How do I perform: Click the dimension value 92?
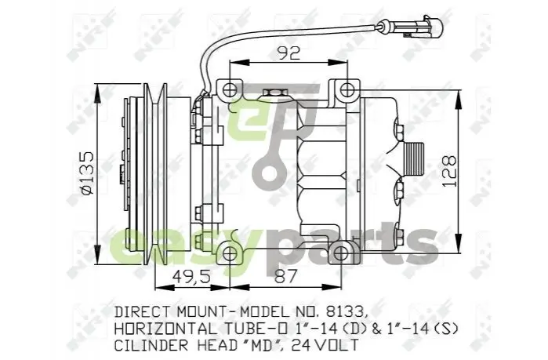[x=289, y=53]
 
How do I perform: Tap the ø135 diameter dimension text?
[x=86, y=173]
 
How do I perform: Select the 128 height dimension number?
[x=449, y=171]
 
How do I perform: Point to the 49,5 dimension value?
[x=191, y=277]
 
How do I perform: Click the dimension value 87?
[x=285, y=276]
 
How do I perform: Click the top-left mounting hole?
[x=229, y=90]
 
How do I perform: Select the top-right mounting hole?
[x=347, y=90]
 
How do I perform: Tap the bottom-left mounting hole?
[x=229, y=253]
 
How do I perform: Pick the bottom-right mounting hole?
[x=341, y=253]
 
